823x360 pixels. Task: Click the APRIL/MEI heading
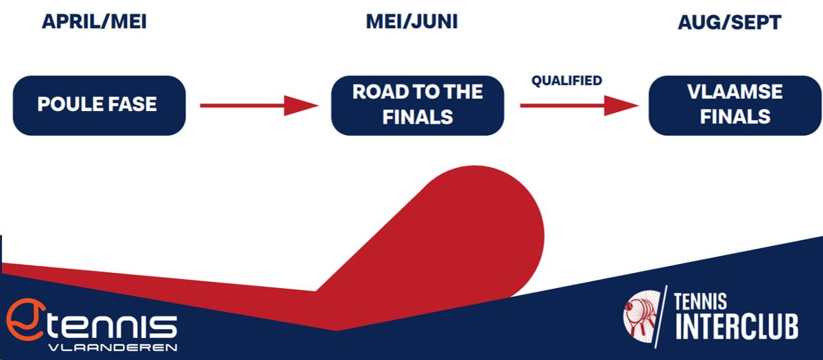pyautogui.click(x=95, y=22)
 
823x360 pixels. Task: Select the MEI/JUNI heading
pyautogui.click(x=412, y=22)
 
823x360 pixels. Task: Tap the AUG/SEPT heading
pyautogui.click(x=729, y=23)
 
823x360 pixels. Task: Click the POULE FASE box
pyautogui.click(x=99, y=106)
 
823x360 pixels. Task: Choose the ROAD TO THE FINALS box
pyautogui.click(x=418, y=106)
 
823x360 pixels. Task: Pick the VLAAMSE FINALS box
pyautogui.click(x=735, y=106)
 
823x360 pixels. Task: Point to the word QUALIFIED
pyautogui.click(x=566, y=80)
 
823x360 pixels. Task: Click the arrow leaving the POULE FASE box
pyautogui.click(x=259, y=106)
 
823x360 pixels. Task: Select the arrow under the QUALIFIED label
pyautogui.click(x=580, y=106)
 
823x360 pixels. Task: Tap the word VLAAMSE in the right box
pyautogui.click(x=735, y=92)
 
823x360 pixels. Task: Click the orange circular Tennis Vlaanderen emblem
pyautogui.click(x=25, y=320)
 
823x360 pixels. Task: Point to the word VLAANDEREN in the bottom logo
pyautogui.click(x=112, y=348)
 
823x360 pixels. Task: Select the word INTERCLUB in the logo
pyautogui.click(x=737, y=326)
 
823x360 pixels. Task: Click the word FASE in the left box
pyautogui.click(x=132, y=104)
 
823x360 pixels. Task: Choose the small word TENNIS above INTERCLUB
pyautogui.click(x=700, y=302)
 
